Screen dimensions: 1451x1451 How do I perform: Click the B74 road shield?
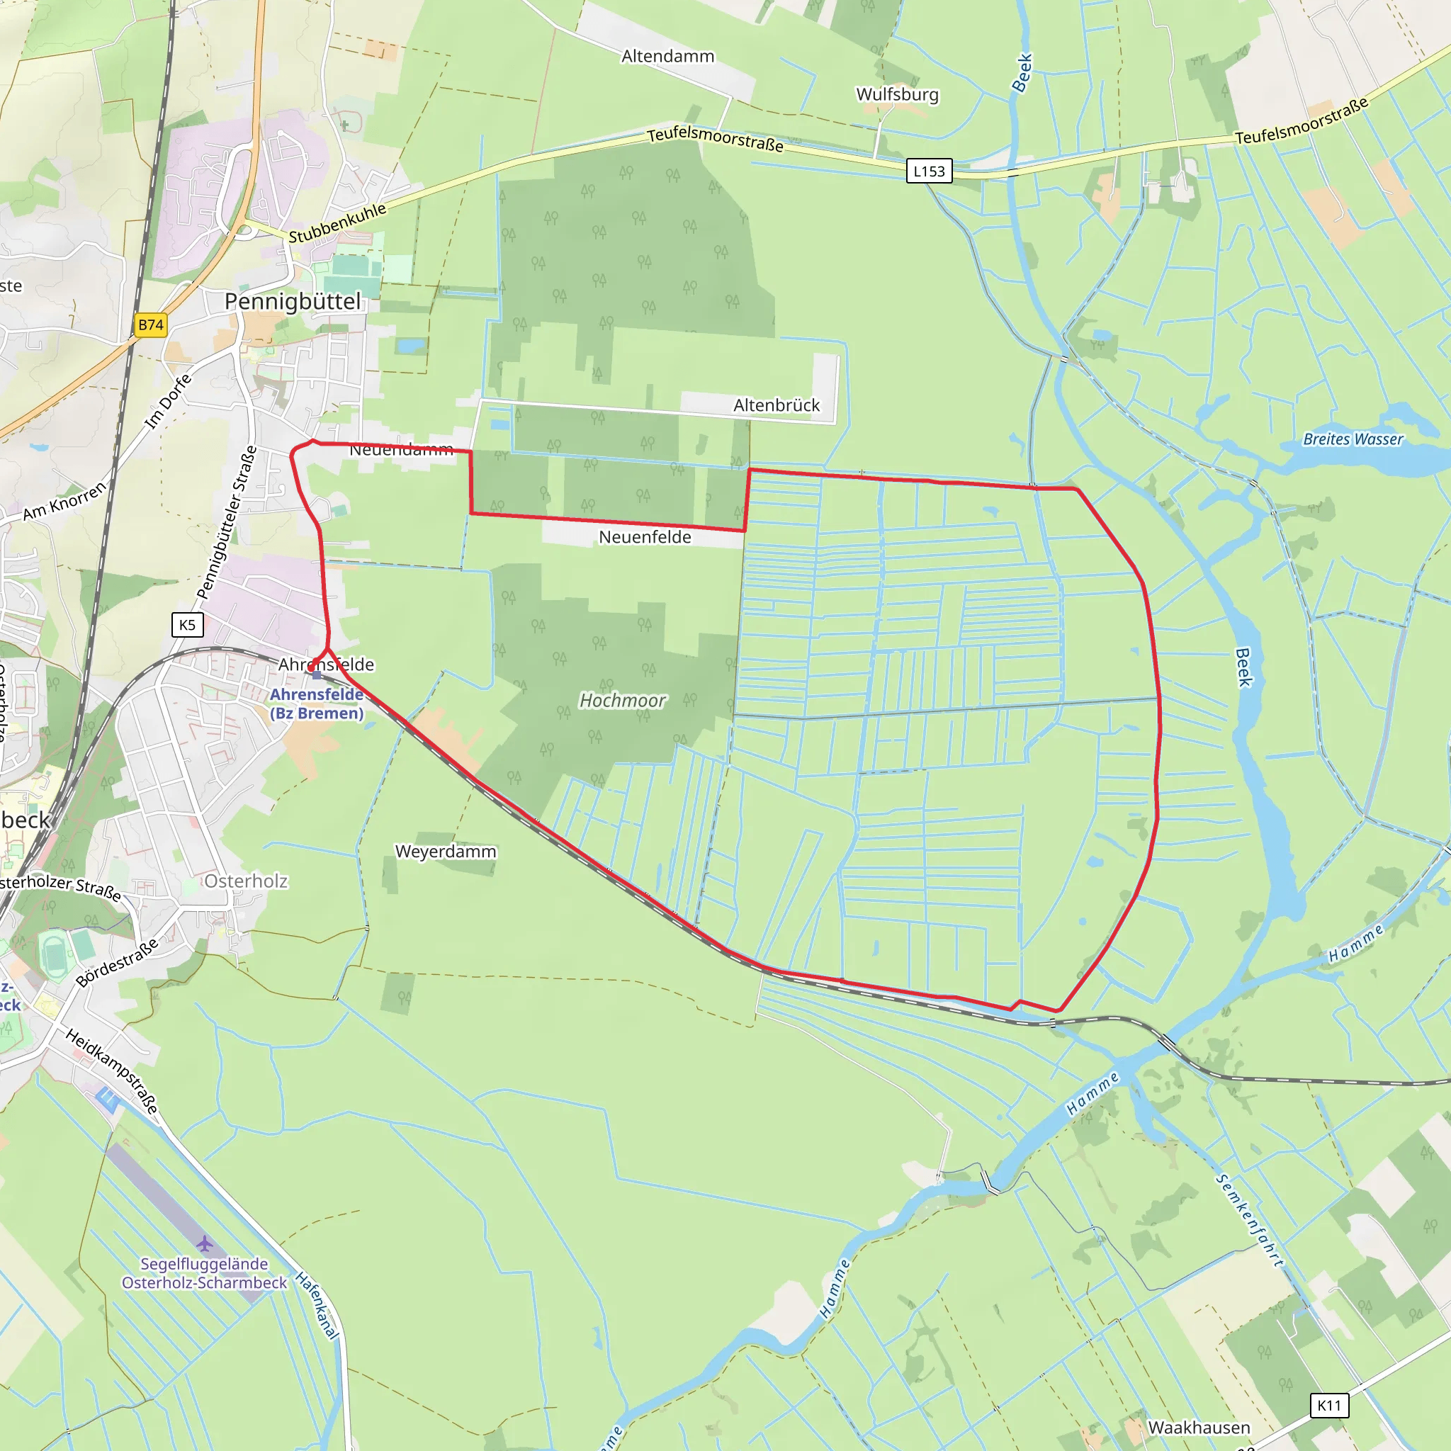click(151, 325)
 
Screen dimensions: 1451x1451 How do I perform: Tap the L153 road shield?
click(929, 171)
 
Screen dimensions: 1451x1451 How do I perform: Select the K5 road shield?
click(187, 625)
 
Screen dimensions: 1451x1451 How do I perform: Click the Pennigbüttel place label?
click(293, 302)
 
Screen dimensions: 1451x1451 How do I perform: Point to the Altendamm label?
click(667, 57)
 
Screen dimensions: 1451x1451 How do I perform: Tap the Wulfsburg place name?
click(898, 95)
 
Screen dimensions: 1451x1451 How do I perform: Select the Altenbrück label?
click(777, 405)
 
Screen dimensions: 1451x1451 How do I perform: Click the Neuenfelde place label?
click(645, 537)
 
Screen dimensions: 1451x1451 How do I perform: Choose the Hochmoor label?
click(623, 701)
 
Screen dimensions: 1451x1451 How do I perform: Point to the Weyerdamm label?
click(446, 852)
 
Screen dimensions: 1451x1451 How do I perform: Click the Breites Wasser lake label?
click(1353, 439)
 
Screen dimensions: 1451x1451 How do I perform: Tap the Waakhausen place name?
click(1199, 1428)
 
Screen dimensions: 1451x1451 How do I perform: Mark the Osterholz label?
click(246, 881)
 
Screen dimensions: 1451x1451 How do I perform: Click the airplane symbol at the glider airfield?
click(204, 1244)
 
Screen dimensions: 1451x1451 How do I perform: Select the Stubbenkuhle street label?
click(337, 223)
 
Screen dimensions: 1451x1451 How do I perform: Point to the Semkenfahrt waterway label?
click(1249, 1221)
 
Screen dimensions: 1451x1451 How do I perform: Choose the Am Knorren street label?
click(65, 501)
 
